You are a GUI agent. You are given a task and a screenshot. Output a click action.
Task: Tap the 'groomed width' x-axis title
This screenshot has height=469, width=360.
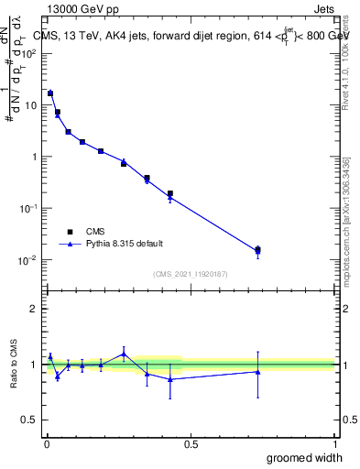[304, 457]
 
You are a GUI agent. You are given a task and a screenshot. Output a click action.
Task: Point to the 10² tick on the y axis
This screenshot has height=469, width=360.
[32, 53]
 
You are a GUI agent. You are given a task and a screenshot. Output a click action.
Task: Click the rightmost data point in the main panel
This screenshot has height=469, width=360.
[257, 249]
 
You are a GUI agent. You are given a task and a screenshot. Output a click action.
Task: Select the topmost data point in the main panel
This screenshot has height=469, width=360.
[50, 93]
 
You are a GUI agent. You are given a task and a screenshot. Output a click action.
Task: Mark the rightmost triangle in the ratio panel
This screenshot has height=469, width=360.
[257, 371]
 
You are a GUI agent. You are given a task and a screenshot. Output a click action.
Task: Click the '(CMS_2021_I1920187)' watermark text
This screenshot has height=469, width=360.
[191, 274]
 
